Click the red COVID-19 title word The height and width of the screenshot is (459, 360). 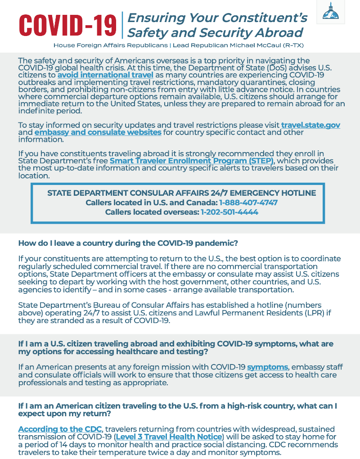67,26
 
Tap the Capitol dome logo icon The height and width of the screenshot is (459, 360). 334,12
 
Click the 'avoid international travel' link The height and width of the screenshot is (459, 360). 105,75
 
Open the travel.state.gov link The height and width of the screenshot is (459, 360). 310,125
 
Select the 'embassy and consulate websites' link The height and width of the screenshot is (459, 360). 98,132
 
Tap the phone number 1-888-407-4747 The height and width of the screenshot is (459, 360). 248,202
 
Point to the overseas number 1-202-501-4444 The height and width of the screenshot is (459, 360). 229,212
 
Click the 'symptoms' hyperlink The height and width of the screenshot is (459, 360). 267,367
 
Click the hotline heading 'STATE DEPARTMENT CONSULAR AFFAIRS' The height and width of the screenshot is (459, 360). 181,193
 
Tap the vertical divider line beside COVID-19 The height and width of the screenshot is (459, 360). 122,25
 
